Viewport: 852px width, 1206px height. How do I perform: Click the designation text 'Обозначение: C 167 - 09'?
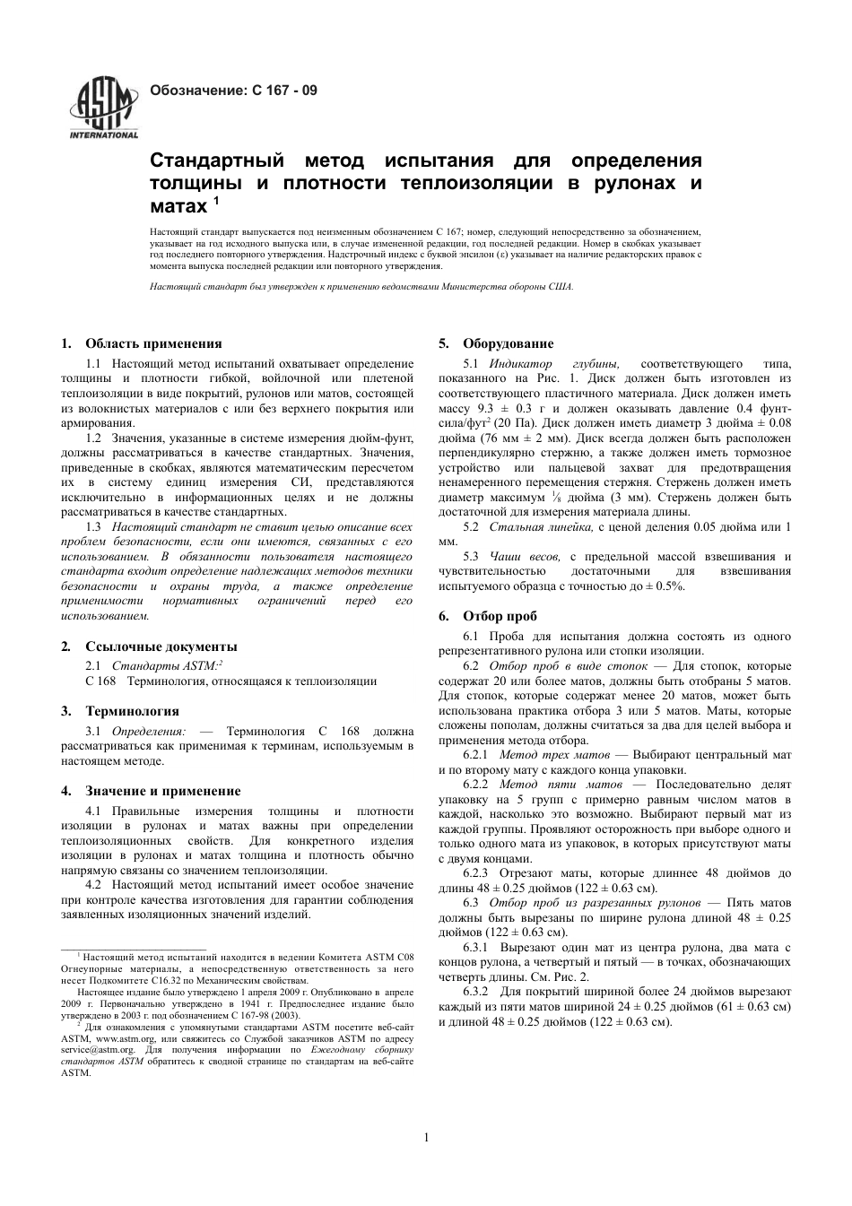pyautogui.click(x=233, y=91)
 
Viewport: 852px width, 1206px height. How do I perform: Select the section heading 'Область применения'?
pyautogui.click(x=153, y=343)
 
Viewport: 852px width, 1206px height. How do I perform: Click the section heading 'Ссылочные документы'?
pyautogui.click(x=161, y=646)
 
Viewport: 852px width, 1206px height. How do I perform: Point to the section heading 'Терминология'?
pyautogui.click(x=132, y=711)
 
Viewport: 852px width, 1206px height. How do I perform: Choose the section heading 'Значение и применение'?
pyautogui.click(x=162, y=791)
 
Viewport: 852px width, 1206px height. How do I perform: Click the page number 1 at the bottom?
pyautogui.click(x=427, y=1138)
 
